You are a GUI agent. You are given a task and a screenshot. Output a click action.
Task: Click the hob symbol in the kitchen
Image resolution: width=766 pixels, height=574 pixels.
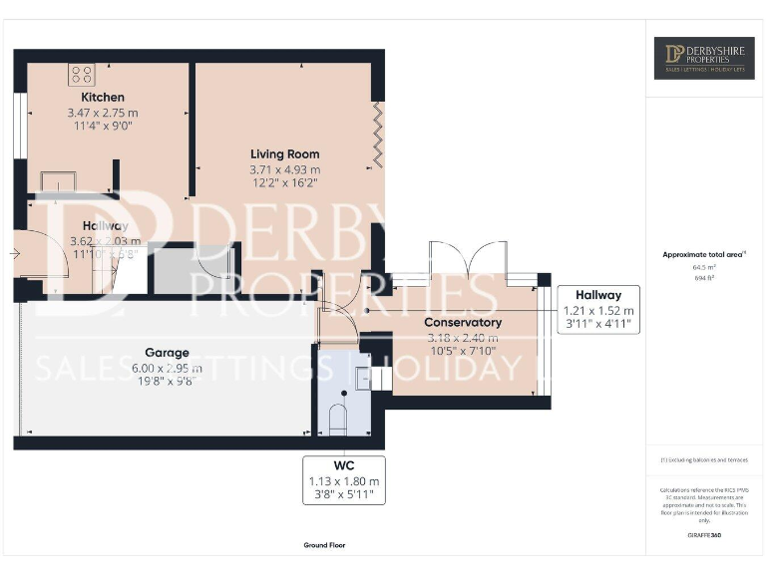click(x=81, y=74)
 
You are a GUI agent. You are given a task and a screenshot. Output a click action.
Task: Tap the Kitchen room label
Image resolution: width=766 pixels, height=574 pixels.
click(x=103, y=98)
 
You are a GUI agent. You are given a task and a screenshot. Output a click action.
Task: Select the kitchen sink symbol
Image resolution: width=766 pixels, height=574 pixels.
click(x=57, y=180)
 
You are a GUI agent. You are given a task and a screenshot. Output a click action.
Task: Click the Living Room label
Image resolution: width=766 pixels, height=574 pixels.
click(x=284, y=154)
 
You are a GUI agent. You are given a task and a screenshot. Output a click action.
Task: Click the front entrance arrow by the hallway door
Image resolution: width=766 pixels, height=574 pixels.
click(x=12, y=254)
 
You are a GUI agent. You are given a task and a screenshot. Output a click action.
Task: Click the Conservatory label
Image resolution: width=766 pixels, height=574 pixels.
click(x=462, y=324)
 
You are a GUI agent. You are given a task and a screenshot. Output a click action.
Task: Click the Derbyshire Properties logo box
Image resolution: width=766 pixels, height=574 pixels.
click(x=704, y=58)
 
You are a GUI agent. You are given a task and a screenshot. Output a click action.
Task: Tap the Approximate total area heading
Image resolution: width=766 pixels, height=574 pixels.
click(x=702, y=255)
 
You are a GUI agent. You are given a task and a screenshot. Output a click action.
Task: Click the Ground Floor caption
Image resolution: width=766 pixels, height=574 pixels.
click(x=324, y=545)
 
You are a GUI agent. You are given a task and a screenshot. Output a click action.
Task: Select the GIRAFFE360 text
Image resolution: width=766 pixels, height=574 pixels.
click(x=704, y=536)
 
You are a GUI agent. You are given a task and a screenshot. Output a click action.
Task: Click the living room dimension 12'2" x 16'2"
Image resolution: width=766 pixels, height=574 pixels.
click(x=284, y=184)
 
